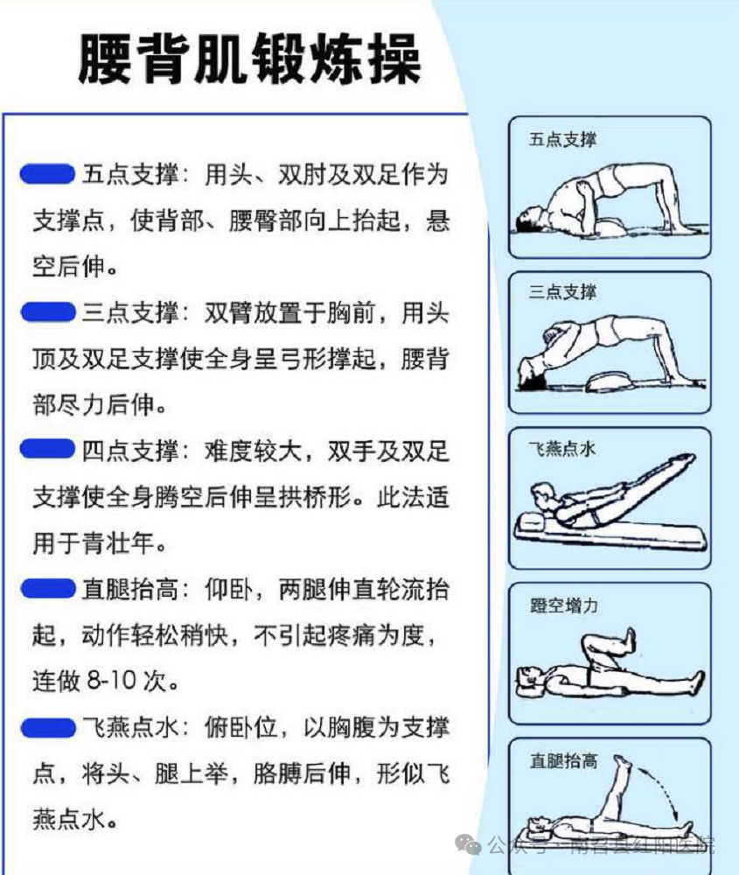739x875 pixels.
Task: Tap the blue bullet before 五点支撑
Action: [x=46, y=174]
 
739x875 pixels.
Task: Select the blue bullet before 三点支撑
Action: [x=46, y=311]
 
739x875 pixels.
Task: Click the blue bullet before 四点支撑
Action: [x=46, y=450]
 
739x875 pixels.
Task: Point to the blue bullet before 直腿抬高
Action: [x=46, y=588]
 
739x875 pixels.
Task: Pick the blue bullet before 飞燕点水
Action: [x=46, y=726]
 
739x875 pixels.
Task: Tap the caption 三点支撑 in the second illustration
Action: [x=563, y=292]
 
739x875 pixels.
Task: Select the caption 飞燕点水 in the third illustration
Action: [x=563, y=449]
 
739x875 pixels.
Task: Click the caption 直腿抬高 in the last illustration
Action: [x=563, y=760]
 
